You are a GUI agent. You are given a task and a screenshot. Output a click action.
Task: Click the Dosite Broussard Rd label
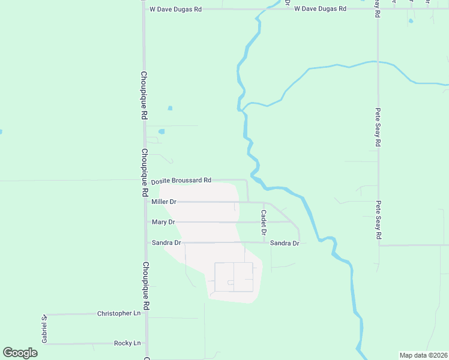tap(181, 181)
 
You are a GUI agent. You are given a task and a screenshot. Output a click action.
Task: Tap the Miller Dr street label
tap(164, 202)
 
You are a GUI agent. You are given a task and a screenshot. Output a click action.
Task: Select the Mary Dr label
tap(163, 222)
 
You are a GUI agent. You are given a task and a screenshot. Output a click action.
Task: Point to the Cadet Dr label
tap(264, 222)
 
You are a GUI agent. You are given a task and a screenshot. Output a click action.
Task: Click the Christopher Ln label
tap(119, 314)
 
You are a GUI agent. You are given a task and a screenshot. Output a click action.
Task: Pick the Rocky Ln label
tap(127, 343)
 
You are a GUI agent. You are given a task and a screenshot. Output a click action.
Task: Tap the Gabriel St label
tap(44, 329)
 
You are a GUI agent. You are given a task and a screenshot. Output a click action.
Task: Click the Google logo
tap(20, 353)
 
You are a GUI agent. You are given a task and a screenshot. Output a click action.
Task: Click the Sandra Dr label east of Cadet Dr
tap(285, 243)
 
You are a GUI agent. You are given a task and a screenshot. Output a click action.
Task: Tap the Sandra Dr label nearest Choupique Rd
tap(166, 243)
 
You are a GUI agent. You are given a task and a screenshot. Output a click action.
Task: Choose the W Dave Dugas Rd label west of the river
tap(176, 10)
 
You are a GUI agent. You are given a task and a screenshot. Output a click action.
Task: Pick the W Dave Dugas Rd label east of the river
tap(321, 9)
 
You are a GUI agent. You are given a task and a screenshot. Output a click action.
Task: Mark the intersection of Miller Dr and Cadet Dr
tap(264, 203)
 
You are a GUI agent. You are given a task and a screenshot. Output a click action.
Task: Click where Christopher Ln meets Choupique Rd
tap(146, 314)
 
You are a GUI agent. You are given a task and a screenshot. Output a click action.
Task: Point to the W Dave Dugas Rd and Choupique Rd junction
tap(144, 10)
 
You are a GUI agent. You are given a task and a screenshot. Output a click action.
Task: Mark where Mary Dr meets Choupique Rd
tap(146, 222)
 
